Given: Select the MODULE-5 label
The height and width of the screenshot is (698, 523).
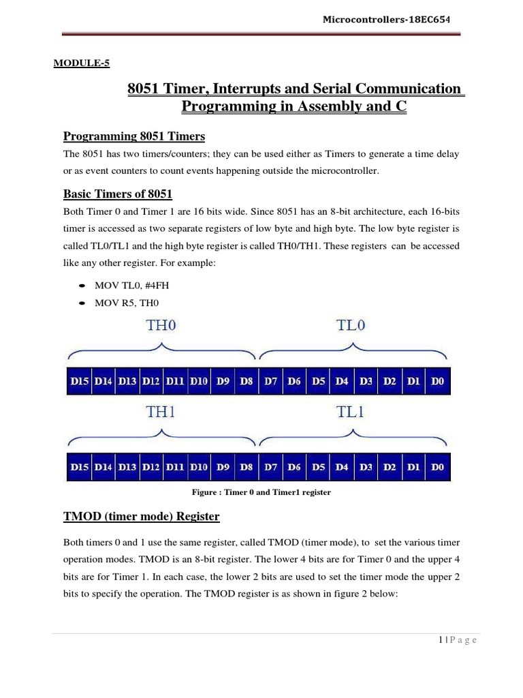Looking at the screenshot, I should point(81,64).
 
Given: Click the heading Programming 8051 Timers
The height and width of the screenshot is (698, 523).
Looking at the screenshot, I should point(133,136).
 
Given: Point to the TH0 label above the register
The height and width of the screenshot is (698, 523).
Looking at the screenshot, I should point(161,326).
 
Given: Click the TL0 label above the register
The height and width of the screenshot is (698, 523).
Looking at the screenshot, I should point(352,326).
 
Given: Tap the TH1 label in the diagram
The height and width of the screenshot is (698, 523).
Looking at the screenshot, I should point(161,412).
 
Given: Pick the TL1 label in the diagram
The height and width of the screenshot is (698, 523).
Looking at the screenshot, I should point(352,412).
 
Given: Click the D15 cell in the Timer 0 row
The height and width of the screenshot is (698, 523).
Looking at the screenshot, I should point(80,382).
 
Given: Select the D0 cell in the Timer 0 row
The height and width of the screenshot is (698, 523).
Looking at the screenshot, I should point(437,382).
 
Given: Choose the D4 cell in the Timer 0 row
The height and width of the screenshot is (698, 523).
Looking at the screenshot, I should point(342,382).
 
